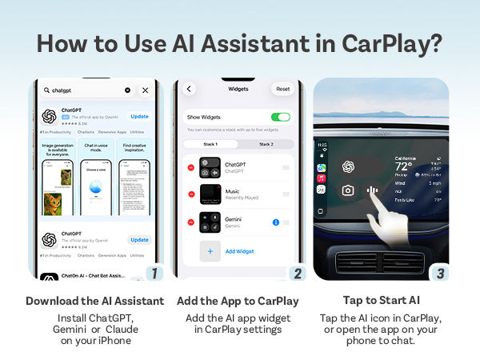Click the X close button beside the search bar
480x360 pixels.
145,90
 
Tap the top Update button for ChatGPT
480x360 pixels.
140,116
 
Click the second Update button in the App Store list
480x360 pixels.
140,239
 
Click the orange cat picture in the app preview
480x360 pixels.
53,204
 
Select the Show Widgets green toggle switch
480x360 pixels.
280,117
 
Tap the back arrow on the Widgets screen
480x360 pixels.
190,89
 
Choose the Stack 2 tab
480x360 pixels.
266,144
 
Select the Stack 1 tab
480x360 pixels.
210,144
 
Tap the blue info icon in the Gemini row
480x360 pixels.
275,222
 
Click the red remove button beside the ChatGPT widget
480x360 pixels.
190,167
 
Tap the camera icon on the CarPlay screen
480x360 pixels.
348,190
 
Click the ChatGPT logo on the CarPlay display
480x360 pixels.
348,166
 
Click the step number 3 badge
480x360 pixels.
439,272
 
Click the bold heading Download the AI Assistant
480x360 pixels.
95,301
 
